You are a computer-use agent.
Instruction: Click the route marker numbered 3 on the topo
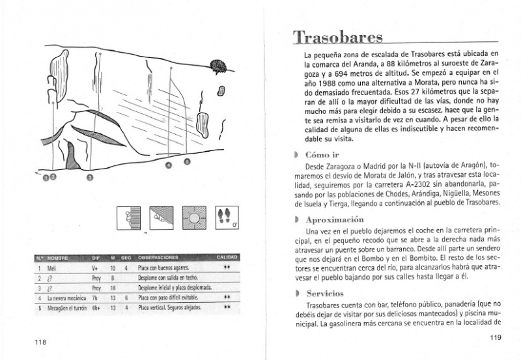click(90, 176)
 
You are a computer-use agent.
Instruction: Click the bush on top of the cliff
click(218, 64)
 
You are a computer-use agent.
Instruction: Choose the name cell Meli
click(52, 268)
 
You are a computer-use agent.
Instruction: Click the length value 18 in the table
click(113, 287)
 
